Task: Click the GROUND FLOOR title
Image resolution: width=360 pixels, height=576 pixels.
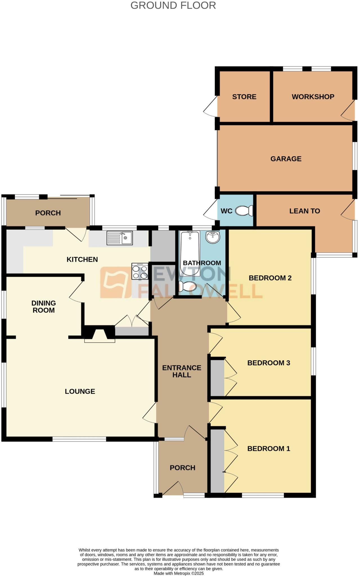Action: point(173,5)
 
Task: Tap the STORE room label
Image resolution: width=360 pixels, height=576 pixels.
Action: point(244,97)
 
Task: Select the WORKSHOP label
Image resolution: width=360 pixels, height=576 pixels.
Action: point(313,97)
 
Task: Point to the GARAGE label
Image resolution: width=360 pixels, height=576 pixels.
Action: point(286,159)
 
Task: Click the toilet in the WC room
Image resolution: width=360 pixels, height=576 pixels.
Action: point(244,211)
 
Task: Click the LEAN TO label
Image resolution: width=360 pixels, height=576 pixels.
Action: point(305,211)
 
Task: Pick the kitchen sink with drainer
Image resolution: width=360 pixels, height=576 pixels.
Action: point(120,238)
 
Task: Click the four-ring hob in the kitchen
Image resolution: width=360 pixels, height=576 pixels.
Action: point(140,271)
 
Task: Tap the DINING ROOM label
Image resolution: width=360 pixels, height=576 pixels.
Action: point(43,307)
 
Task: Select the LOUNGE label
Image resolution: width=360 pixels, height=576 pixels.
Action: point(80,391)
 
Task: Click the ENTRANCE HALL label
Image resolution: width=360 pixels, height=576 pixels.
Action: point(182,371)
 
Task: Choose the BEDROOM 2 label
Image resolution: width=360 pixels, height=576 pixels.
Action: point(270,278)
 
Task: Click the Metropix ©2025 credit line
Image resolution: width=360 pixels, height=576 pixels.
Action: point(178,573)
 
